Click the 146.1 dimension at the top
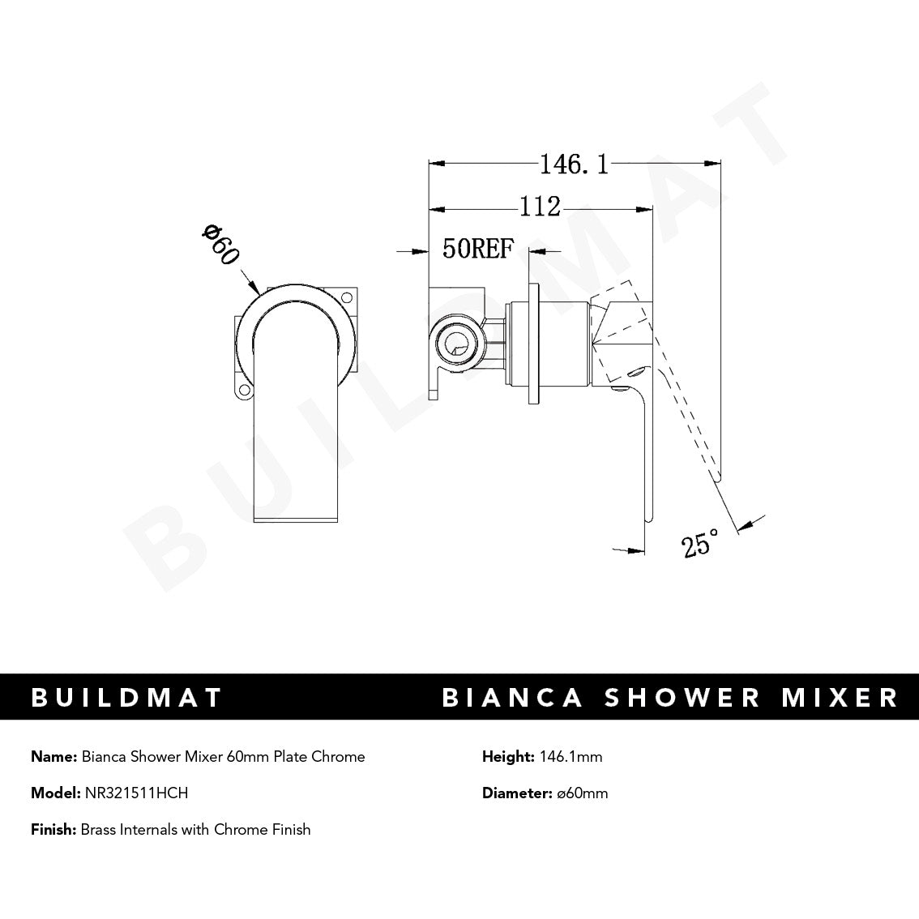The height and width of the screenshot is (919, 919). [574, 165]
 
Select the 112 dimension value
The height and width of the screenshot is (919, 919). [540, 207]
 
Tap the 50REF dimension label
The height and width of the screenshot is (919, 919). [478, 249]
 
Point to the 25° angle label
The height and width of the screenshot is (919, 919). [700, 542]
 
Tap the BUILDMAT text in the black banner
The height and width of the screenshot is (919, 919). [126, 697]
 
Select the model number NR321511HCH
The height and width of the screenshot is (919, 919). [136, 793]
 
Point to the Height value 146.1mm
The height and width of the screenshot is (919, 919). [570, 756]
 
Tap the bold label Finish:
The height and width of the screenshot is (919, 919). [53, 829]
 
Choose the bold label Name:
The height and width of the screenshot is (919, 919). [54, 756]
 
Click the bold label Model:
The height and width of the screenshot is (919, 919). [55, 793]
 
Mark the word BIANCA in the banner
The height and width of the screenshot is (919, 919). [512, 697]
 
